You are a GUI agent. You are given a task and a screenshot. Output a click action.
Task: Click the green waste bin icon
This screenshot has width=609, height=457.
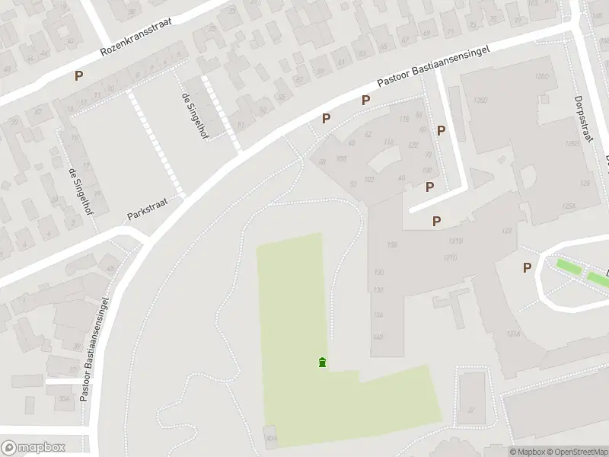(323, 363)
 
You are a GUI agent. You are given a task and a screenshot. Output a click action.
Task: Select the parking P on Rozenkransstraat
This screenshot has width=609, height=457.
(78, 75)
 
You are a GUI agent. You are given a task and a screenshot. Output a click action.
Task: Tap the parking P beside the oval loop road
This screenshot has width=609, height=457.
(527, 267)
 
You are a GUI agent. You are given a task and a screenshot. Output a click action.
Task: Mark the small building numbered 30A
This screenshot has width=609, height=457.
(271, 437)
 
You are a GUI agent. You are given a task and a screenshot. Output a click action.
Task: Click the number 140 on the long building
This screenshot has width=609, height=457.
(378, 336)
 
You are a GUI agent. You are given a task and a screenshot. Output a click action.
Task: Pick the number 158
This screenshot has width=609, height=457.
(392, 244)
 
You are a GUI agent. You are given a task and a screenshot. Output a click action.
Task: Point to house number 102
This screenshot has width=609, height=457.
(369, 180)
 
